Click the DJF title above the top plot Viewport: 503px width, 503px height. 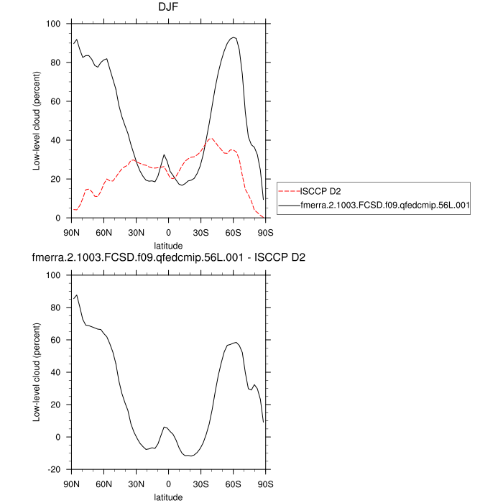169,8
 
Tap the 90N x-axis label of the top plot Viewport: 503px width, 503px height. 72,232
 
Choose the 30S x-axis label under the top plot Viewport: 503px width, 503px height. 201,232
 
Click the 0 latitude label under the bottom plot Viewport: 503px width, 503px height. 169,484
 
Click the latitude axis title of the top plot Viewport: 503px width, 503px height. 169,245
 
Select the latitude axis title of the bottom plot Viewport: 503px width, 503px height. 169,497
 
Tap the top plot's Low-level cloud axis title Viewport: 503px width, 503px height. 36,121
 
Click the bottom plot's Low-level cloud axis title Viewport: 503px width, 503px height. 36,372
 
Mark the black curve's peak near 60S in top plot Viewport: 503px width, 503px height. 234,37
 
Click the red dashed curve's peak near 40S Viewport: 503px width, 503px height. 211,138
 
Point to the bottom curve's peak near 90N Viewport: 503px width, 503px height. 77,295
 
